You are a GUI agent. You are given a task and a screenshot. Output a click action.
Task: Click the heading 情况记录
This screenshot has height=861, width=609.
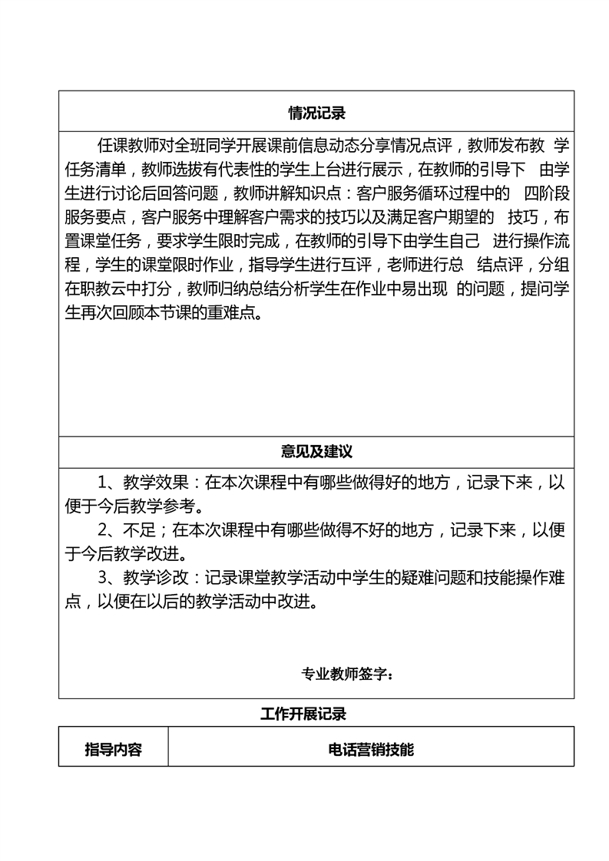(316, 114)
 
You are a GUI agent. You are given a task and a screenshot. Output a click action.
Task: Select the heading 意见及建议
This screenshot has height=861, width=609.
(316, 451)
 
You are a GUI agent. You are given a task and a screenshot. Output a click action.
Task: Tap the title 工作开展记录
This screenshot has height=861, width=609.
(303, 714)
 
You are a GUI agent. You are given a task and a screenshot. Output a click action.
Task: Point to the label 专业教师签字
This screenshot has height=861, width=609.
(348, 675)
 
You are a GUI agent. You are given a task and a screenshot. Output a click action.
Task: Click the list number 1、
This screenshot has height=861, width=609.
(106, 483)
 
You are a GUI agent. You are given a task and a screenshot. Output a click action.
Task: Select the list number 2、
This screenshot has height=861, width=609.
(106, 530)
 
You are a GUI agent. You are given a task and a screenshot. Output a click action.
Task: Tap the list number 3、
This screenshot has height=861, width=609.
(106, 578)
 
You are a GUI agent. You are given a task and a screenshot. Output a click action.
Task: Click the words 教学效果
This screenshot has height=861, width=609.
(153, 483)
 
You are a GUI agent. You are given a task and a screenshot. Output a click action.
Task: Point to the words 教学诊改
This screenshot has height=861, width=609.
(153, 578)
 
